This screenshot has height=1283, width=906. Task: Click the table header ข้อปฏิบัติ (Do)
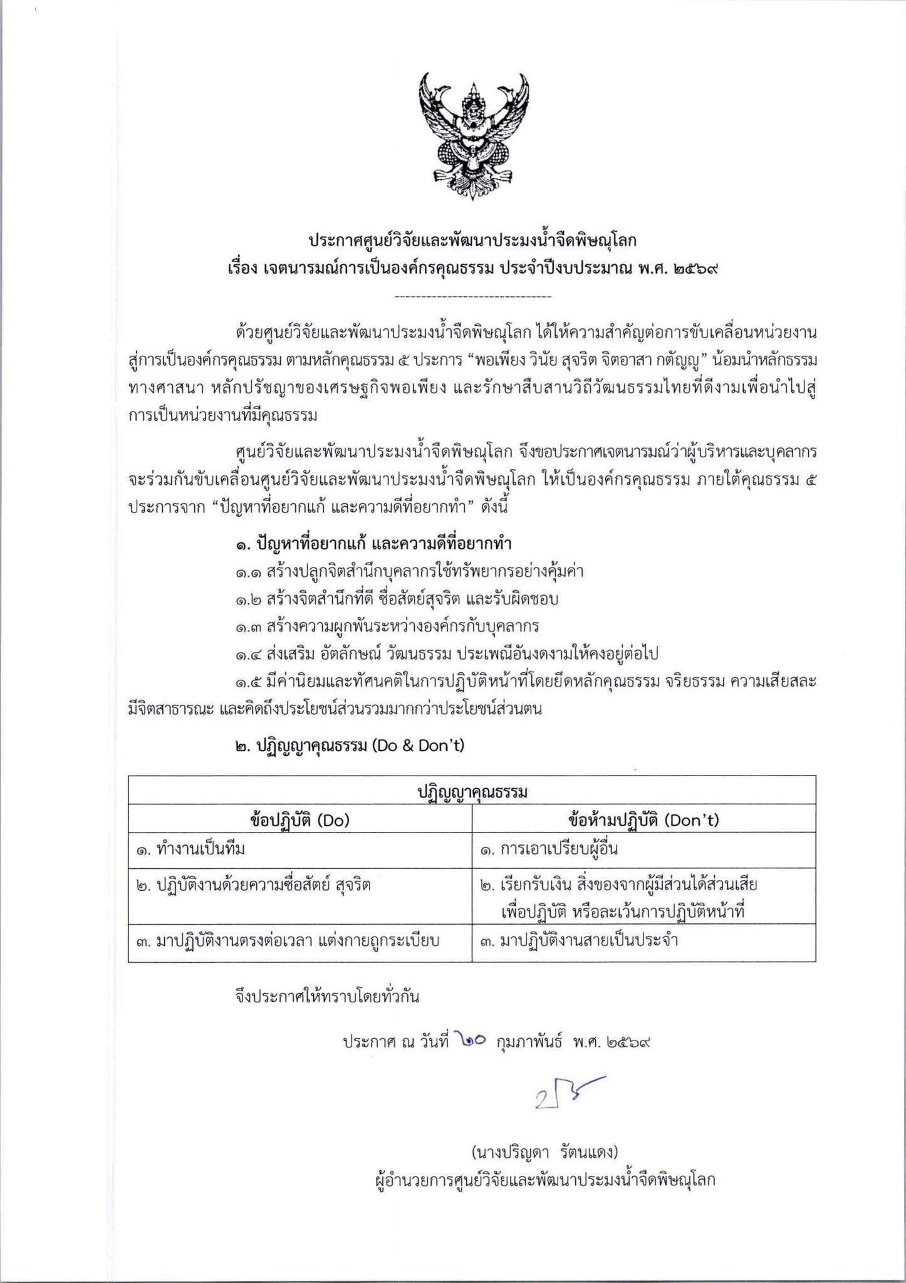point(299,820)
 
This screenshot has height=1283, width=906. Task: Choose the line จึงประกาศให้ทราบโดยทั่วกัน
point(327,996)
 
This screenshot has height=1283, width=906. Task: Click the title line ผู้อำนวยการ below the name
point(543,1180)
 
